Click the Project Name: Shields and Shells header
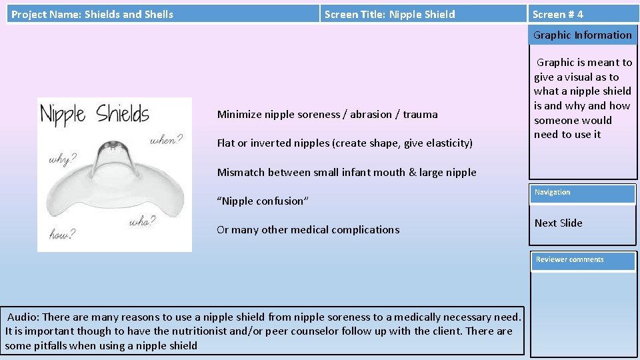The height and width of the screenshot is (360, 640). click(92, 14)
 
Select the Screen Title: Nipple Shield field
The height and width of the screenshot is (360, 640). click(389, 14)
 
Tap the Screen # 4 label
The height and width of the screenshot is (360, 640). click(558, 14)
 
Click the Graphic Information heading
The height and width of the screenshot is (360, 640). click(582, 35)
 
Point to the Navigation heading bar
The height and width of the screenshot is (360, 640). click(582, 193)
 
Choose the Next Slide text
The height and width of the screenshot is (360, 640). click(558, 223)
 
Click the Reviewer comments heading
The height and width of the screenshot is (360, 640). click(582, 260)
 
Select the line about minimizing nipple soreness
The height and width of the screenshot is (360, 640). click(327, 114)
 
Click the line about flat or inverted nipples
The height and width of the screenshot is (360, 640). click(345, 143)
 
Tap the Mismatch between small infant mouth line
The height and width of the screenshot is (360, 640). click(347, 172)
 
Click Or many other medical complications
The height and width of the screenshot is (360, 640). click(308, 229)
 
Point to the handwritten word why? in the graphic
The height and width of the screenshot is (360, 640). click(61, 160)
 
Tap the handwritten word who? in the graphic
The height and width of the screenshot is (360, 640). click(141, 221)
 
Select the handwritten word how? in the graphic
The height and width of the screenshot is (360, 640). click(62, 233)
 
